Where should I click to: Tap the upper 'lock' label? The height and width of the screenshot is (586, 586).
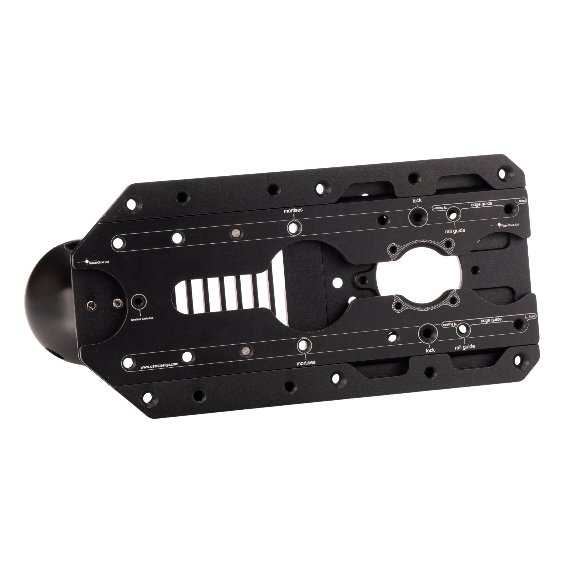click(417, 200)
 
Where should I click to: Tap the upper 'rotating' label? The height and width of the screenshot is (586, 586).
click(438, 208)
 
